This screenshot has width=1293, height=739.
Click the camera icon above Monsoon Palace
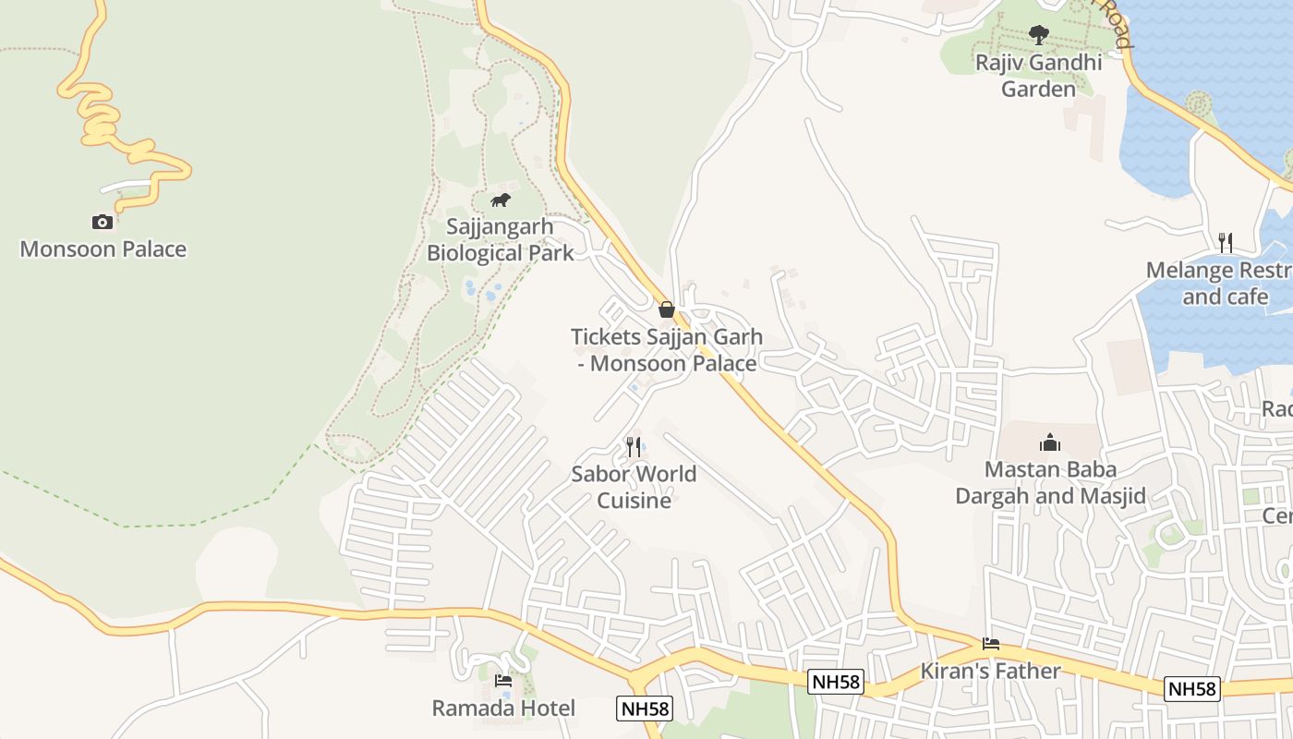(103, 222)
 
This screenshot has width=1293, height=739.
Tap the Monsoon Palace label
(103, 249)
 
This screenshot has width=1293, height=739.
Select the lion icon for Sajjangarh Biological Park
(501, 200)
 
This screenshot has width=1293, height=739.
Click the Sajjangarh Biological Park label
(501, 239)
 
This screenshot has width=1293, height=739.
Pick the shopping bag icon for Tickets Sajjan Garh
(667, 309)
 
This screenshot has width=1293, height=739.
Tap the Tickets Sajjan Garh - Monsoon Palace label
(668, 350)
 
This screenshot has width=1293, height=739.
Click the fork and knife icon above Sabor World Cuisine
(634, 447)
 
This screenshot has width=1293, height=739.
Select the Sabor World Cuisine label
(634, 487)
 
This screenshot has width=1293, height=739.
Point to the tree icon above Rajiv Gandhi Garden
(1039, 35)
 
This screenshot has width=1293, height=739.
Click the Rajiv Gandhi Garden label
(1039, 76)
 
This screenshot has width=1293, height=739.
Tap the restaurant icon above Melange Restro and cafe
(1226, 243)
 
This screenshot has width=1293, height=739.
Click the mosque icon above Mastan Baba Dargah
(1050, 442)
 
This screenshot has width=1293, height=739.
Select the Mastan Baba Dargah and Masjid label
(1050, 482)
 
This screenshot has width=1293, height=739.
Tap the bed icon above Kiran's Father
(991, 644)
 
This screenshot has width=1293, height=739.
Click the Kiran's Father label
(991, 671)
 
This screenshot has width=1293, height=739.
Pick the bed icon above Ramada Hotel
(503, 682)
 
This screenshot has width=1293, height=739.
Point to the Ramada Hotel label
(503, 709)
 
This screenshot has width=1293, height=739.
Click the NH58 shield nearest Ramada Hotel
(645, 709)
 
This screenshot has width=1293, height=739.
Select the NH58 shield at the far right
(1192, 688)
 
